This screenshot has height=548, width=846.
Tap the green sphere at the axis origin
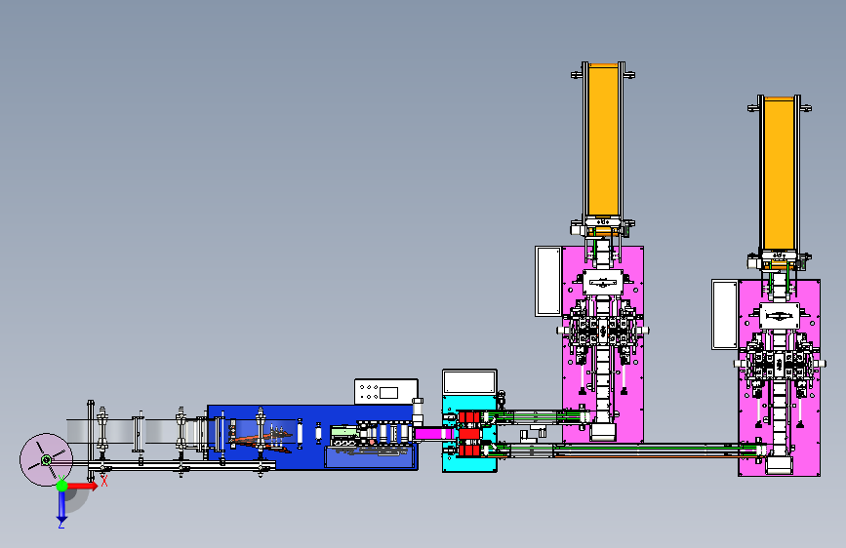pyautogui.click(x=62, y=486)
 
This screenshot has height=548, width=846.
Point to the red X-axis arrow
pyautogui.click(x=82, y=486)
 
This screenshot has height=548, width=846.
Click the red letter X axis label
pyautogui.click(x=104, y=481)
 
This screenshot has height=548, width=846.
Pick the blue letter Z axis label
pyautogui.click(x=61, y=524)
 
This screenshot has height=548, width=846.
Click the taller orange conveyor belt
pyautogui.click(x=603, y=140)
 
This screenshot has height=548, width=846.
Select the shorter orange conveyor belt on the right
pyautogui.click(x=779, y=174)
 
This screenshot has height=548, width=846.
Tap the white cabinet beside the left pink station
pyautogui.click(x=548, y=281)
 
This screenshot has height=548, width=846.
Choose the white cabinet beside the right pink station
pyautogui.click(x=725, y=314)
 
